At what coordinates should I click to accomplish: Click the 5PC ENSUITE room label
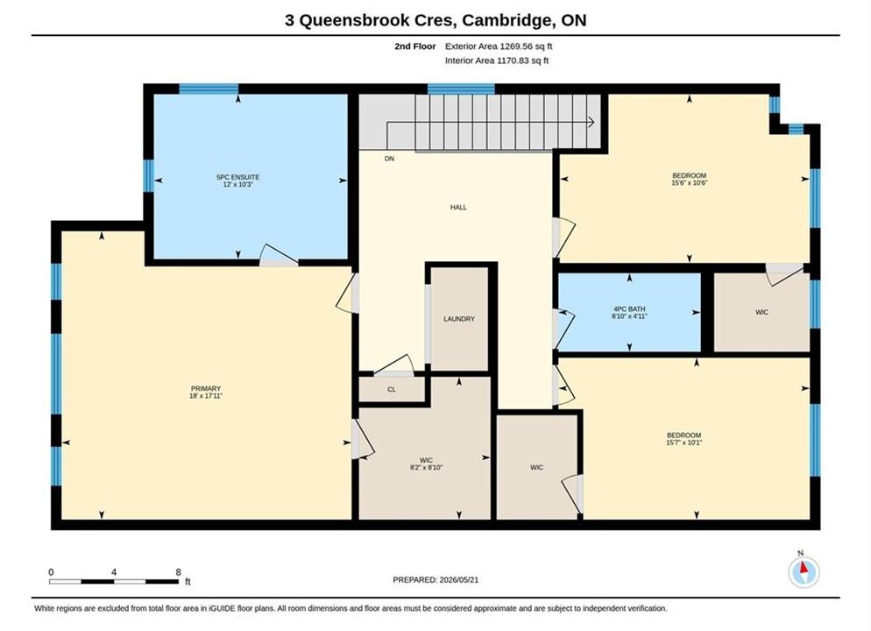pos(237,177)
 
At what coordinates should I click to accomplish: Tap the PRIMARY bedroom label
pos(206,388)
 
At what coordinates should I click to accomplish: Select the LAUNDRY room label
pos(459,319)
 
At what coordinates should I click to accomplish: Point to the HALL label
pos(458,207)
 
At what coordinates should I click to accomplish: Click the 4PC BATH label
pos(629,308)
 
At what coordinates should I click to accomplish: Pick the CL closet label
pos(392,389)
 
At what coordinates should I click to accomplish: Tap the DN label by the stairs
pos(389,159)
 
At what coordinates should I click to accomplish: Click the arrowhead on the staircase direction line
pos(591,122)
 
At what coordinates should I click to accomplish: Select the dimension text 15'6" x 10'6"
pos(690,183)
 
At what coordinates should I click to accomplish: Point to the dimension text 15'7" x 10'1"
pos(684,443)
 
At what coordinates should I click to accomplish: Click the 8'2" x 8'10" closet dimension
pos(426,468)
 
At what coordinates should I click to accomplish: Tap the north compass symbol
pos(804,571)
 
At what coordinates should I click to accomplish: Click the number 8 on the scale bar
pos(178,572)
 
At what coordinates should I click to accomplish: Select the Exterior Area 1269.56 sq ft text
pos(499,46)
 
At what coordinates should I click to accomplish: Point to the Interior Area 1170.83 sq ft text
pos(497,60)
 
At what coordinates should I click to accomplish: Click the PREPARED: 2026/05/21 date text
pos(435,580)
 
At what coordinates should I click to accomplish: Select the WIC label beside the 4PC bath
pos(761,312)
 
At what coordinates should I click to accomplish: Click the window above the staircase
pos(461,89)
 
